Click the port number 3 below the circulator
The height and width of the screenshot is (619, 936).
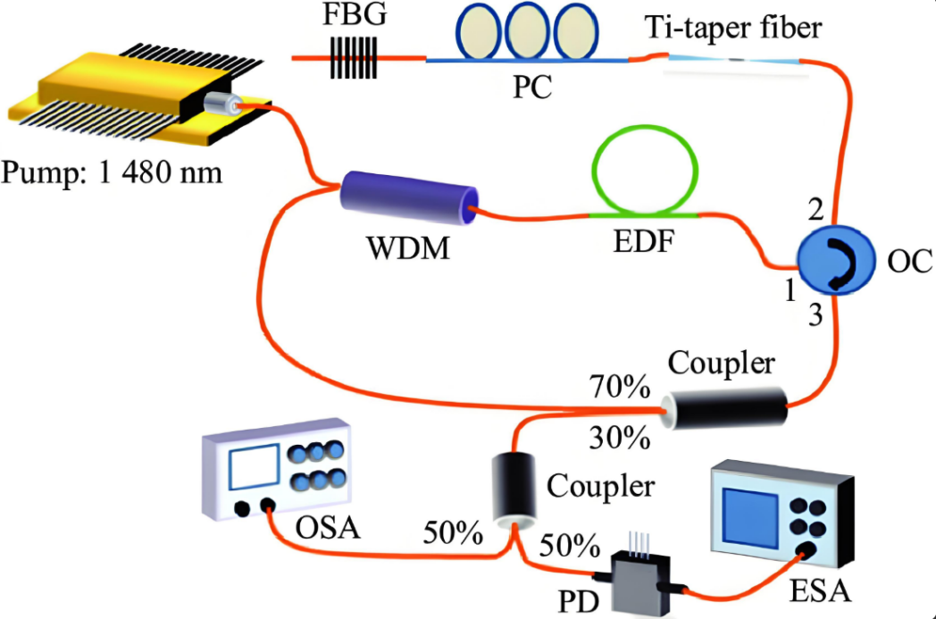pos(814,314)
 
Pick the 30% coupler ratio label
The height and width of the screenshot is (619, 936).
pos(618,439)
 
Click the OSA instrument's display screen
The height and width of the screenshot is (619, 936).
pos(250,467)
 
